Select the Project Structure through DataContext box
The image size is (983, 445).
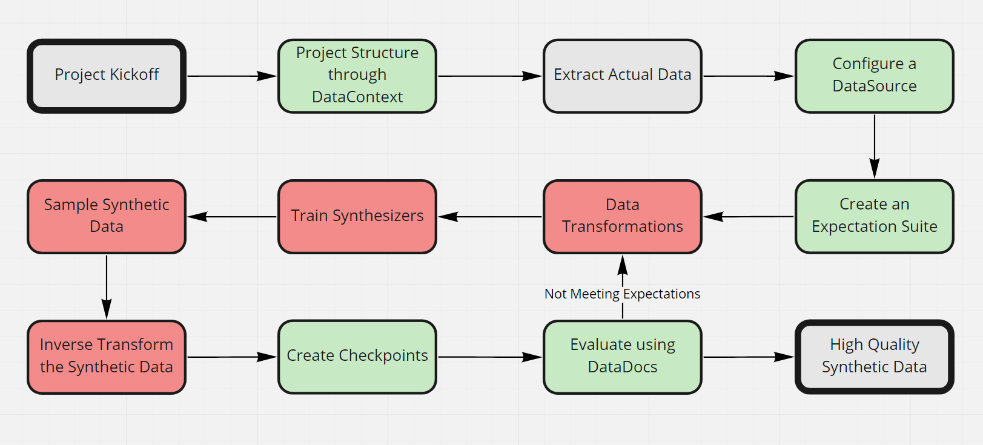(357, 76)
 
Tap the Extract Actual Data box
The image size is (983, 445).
(622, 76)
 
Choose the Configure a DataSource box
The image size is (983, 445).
(874, 76)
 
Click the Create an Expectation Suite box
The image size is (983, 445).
(874, 216)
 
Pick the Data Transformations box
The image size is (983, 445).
(622, 216)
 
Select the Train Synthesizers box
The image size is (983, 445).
(357, 216)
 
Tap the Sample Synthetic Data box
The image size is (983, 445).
(106, 216)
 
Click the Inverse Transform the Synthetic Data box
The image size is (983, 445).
(106, 357)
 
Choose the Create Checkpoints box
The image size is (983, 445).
(357, 357)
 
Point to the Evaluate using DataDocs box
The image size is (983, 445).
(622, 357)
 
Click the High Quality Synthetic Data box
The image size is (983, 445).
(874, 357)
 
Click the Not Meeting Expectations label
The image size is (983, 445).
(622, 294)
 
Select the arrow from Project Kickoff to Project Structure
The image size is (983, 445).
(231, 76)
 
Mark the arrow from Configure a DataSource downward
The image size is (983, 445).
(875, 146)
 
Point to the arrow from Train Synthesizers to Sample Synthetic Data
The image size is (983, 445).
(231, 217)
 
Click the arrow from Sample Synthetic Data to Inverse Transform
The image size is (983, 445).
(107, 286)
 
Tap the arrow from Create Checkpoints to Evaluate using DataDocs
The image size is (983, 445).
(489, 357)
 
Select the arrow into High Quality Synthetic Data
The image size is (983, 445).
(749, 357)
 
